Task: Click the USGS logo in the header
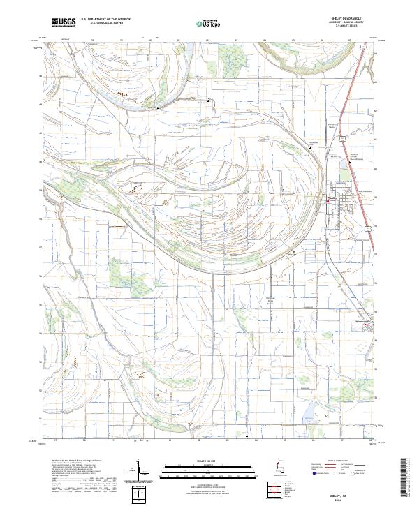pyautogui.click(x=64, y=22)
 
